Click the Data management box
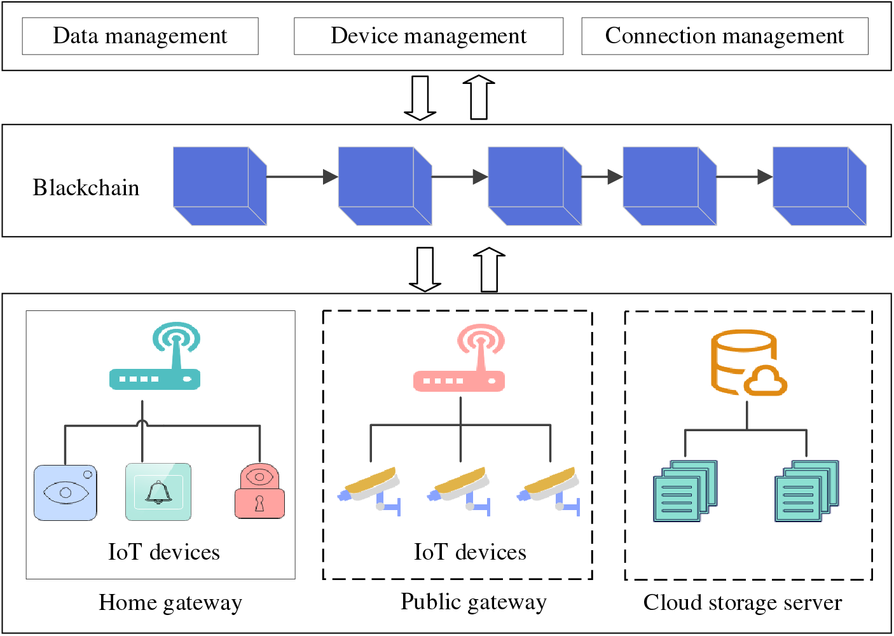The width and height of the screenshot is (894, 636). (x=140, y=36)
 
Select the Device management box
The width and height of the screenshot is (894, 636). (x=428, y=36)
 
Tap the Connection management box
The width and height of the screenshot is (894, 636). (x=724, y=36)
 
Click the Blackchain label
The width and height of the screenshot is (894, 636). (x=86, y=188)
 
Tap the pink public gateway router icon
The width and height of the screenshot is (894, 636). (x=460, y=359)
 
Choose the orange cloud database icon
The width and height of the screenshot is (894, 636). (x=747, y=363)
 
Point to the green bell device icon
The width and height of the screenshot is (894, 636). (x=158, y=492)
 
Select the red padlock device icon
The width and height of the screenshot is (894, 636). (x=259, y=492)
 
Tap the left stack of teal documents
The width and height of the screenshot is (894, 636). (x=685, y=491)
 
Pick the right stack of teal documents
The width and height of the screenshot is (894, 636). (x=806, y=491)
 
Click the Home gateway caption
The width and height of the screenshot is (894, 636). (x=170, y=602)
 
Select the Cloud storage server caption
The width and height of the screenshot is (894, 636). (x=742, y=602)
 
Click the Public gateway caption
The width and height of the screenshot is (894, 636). (x=473, y=602)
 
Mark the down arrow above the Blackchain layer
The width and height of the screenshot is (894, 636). (x=420, y=98)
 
